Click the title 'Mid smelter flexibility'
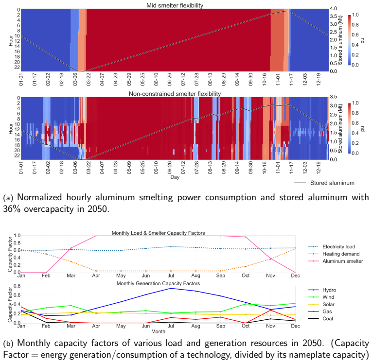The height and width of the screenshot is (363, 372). (x=175, y=5)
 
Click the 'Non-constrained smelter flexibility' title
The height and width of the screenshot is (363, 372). (x=175, y=94)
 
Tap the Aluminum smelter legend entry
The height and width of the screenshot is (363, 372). (x=336, y=261)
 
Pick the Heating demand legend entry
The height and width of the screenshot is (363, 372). (x=334, y=254)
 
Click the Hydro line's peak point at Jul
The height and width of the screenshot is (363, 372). (x=171, y=288)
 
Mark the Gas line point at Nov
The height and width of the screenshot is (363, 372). (x=270, y=310)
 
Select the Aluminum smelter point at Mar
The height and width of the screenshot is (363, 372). (x=71, y=248)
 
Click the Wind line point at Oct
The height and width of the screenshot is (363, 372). (x=246, y=304)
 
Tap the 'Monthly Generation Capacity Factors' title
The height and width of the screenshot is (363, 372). (x=158, y=283)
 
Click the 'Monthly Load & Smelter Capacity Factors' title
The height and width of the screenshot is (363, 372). (x=158, y=233)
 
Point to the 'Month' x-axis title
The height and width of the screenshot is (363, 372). (x=158, y=331)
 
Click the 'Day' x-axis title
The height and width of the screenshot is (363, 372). (x=175, y=177)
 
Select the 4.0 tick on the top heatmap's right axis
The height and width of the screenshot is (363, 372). (x=334, y=9)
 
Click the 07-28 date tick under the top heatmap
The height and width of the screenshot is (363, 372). (x=196, y=79)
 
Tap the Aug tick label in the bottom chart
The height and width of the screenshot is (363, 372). (x=196, y=326)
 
